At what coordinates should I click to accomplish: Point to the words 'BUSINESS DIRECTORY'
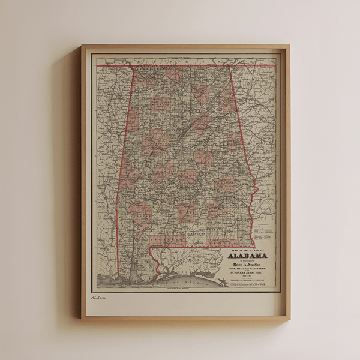pos(248,272)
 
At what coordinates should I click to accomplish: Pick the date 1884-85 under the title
pos(248,275)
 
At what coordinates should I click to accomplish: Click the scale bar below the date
pos(248,278)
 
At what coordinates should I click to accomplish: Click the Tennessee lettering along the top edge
pos(180,61)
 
